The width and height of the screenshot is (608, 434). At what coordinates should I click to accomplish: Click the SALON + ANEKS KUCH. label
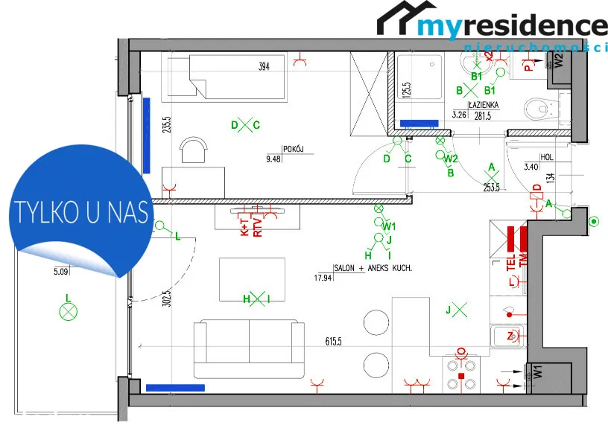click(x=373, y=267)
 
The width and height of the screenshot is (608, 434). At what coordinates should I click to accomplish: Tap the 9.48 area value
click(x=274, y=158)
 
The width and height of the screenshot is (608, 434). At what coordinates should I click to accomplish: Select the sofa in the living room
click(x=248, y=348)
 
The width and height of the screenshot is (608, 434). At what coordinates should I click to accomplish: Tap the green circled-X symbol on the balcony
click(x=69, y=312)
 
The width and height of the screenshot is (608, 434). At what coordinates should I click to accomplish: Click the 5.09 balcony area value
click(x=61, y=272)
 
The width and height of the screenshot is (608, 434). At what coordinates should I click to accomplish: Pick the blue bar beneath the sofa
click(x=175, y=387)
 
